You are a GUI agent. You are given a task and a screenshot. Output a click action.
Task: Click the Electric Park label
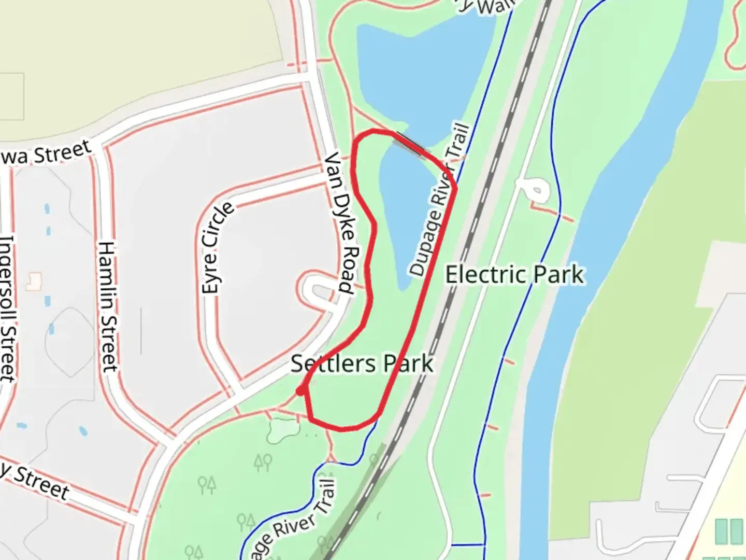pos(514,274)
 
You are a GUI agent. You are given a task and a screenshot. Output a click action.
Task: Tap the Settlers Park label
pos(361,363)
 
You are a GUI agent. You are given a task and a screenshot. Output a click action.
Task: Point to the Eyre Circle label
pos(217,248)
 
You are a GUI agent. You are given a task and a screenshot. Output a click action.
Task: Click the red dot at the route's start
pos(300,391)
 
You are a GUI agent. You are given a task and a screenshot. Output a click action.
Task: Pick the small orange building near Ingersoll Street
pos(34,281)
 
